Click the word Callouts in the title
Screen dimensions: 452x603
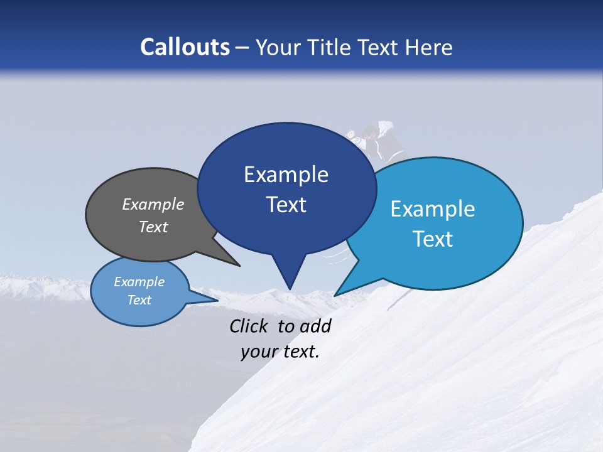[185, 47]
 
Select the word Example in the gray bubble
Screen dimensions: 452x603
[153, 204]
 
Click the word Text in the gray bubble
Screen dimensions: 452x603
[153, 227]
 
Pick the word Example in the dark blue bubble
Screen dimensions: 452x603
[286, 175]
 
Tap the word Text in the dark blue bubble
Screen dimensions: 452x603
[286, 205]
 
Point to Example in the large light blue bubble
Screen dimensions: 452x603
[433, 208]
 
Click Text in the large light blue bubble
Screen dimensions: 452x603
[433, 239]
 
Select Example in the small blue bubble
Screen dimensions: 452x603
[139, 282]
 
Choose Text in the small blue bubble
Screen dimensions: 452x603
[139, 300]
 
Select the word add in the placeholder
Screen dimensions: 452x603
[315, 326]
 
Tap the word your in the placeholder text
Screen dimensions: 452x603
[259, 352]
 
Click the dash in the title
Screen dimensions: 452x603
[242, 48]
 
